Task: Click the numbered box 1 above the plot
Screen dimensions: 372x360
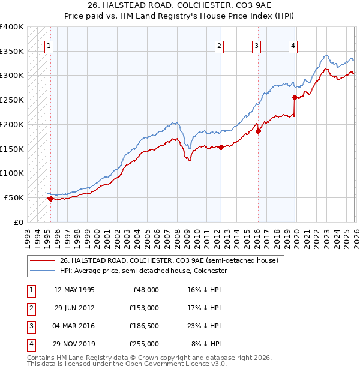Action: [48, 45]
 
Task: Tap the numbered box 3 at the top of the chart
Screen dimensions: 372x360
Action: [256, 45]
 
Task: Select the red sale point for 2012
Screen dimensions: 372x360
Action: [221, 147]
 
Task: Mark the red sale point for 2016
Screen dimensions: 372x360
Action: [258, 131]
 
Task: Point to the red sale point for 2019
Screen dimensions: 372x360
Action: [295, 97]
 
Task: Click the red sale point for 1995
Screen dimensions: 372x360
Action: [50, 199]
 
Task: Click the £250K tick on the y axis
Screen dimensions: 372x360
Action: [12, 100]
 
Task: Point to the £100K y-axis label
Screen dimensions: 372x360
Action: [12, 173]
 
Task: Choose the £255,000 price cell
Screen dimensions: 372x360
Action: [144, 344]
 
